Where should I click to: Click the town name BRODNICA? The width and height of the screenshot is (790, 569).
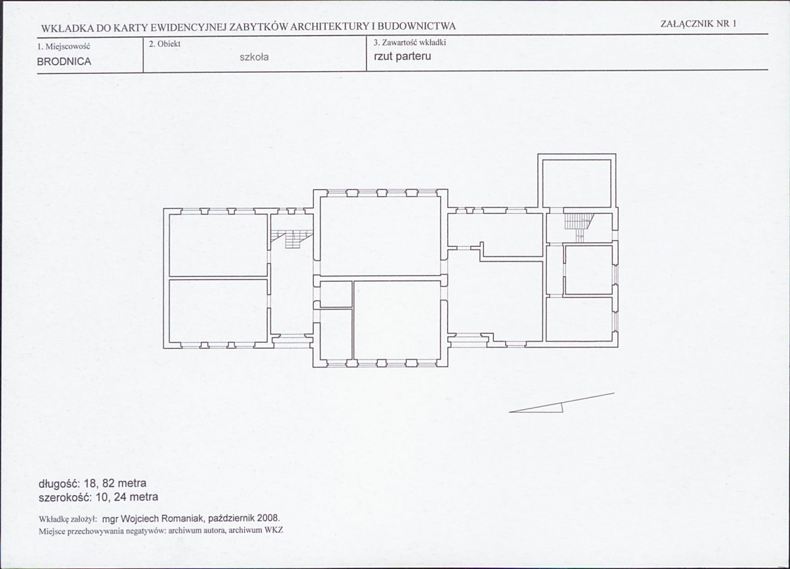[64, 61]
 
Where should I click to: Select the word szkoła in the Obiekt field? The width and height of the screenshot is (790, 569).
[254, 57]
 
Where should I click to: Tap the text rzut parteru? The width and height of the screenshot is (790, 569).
[402, 56]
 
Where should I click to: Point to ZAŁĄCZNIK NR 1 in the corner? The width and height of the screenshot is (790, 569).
[698, 23]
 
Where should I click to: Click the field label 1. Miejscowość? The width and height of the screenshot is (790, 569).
[63, 46]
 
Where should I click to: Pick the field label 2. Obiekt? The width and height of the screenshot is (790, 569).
[165, 44]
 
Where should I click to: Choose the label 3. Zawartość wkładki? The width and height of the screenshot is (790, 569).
[410, 42]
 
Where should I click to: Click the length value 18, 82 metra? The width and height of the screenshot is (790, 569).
[115, 483]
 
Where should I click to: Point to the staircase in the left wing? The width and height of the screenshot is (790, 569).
[292, 238]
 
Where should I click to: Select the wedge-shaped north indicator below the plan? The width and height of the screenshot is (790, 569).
[561, 403]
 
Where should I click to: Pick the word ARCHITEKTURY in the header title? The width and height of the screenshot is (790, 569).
[327, 27]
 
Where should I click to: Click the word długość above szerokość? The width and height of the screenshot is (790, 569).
[59, 483]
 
